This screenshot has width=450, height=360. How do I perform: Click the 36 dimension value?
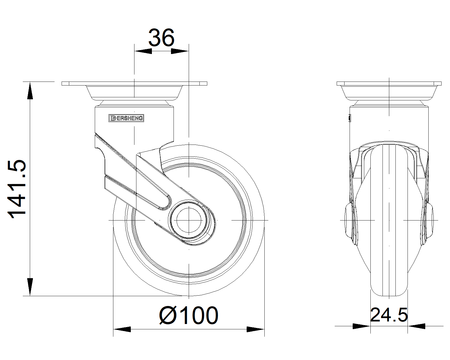161,38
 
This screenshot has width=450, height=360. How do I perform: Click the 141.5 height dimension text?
17,189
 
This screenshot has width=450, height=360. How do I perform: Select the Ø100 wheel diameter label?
189,316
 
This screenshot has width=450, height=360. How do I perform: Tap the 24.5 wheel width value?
389,315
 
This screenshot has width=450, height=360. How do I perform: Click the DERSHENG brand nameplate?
126,118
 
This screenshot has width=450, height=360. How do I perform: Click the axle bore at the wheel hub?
189,220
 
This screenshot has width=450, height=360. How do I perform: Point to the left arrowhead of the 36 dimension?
143,51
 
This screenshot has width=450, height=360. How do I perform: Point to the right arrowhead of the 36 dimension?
180,51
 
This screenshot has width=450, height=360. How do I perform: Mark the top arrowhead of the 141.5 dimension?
30,90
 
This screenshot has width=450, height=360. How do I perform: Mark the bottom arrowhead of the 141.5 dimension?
30,287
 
